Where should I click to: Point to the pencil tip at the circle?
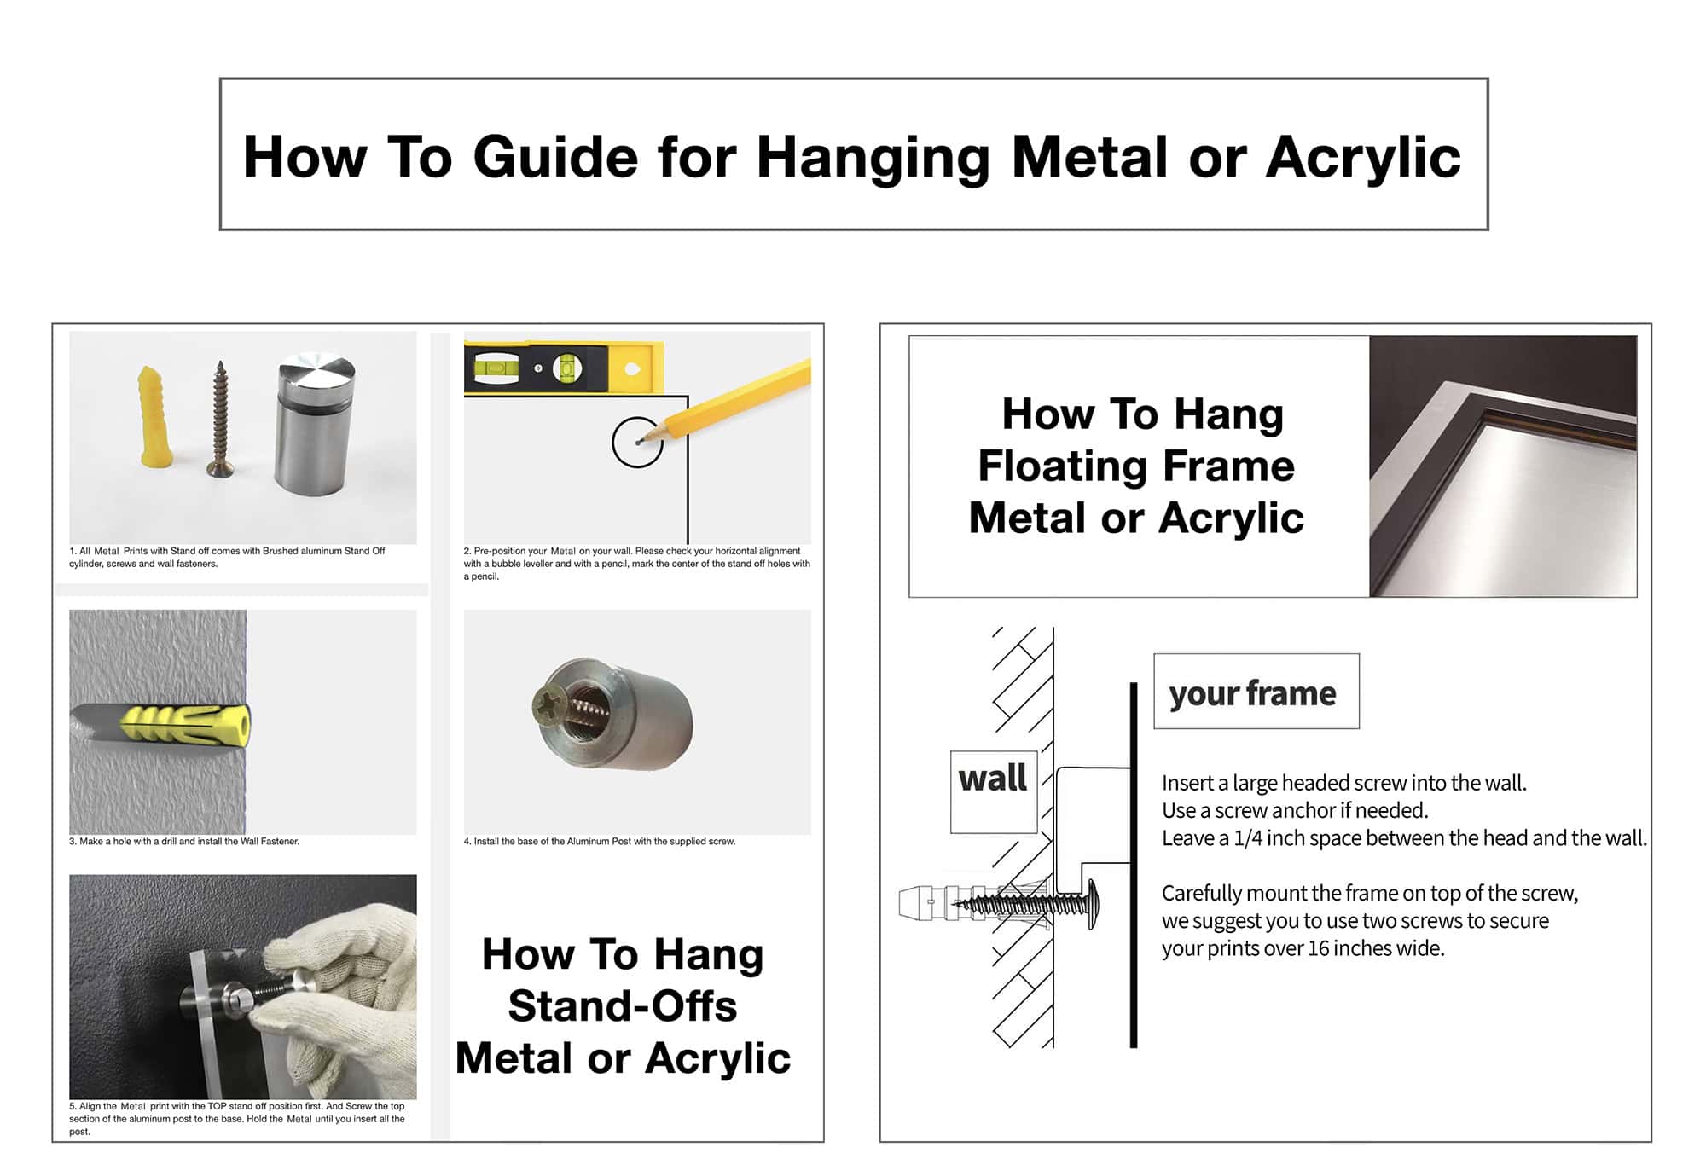[639, 443]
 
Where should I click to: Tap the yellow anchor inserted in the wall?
[183, 724]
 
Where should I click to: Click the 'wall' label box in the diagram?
[994, 791]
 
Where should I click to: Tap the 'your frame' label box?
[1256, 691]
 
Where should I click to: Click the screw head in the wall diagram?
[1093, 903]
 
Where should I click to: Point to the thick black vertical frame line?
[1134, 865]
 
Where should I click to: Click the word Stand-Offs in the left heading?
[622, 1005]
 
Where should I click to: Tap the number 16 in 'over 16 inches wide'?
[1317, 948]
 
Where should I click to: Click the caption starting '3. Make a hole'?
[184, 842]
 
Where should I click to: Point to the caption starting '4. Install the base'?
[600, 842]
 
